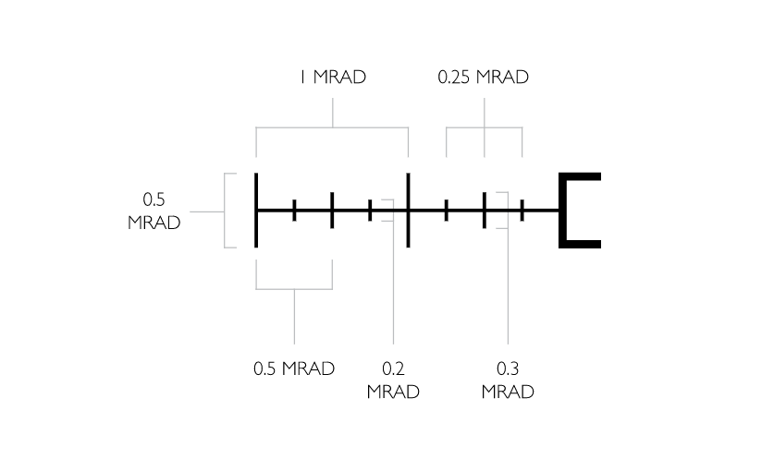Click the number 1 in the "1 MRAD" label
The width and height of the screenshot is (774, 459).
[302, 78]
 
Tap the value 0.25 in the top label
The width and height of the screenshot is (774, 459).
[454, 78]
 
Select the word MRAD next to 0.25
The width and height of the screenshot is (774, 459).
[502, 78]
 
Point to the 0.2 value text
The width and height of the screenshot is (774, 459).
[393, 368]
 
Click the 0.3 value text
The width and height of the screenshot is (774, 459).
[508, 368]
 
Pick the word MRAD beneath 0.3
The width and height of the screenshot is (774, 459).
[508, 393]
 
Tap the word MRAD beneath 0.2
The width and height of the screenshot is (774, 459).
[393, 393]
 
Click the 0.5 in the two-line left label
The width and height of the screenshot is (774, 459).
[154, 199]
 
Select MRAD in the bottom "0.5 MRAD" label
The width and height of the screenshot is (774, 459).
[308, 368]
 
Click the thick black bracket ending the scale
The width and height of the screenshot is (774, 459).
[580, 211]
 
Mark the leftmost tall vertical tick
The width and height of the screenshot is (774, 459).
[256, 211]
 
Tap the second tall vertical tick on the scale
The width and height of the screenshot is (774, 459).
[408, 211]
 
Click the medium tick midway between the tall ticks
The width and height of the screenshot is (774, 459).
[332, 211]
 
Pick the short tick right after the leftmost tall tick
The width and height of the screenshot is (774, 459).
[294, 211]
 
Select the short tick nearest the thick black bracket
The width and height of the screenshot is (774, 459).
[522, 211]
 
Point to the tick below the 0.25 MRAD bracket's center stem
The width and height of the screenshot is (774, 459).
[485, 211]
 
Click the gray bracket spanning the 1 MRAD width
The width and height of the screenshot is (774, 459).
[332, 127]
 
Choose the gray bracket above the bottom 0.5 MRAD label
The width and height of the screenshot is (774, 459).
[294, 289]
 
